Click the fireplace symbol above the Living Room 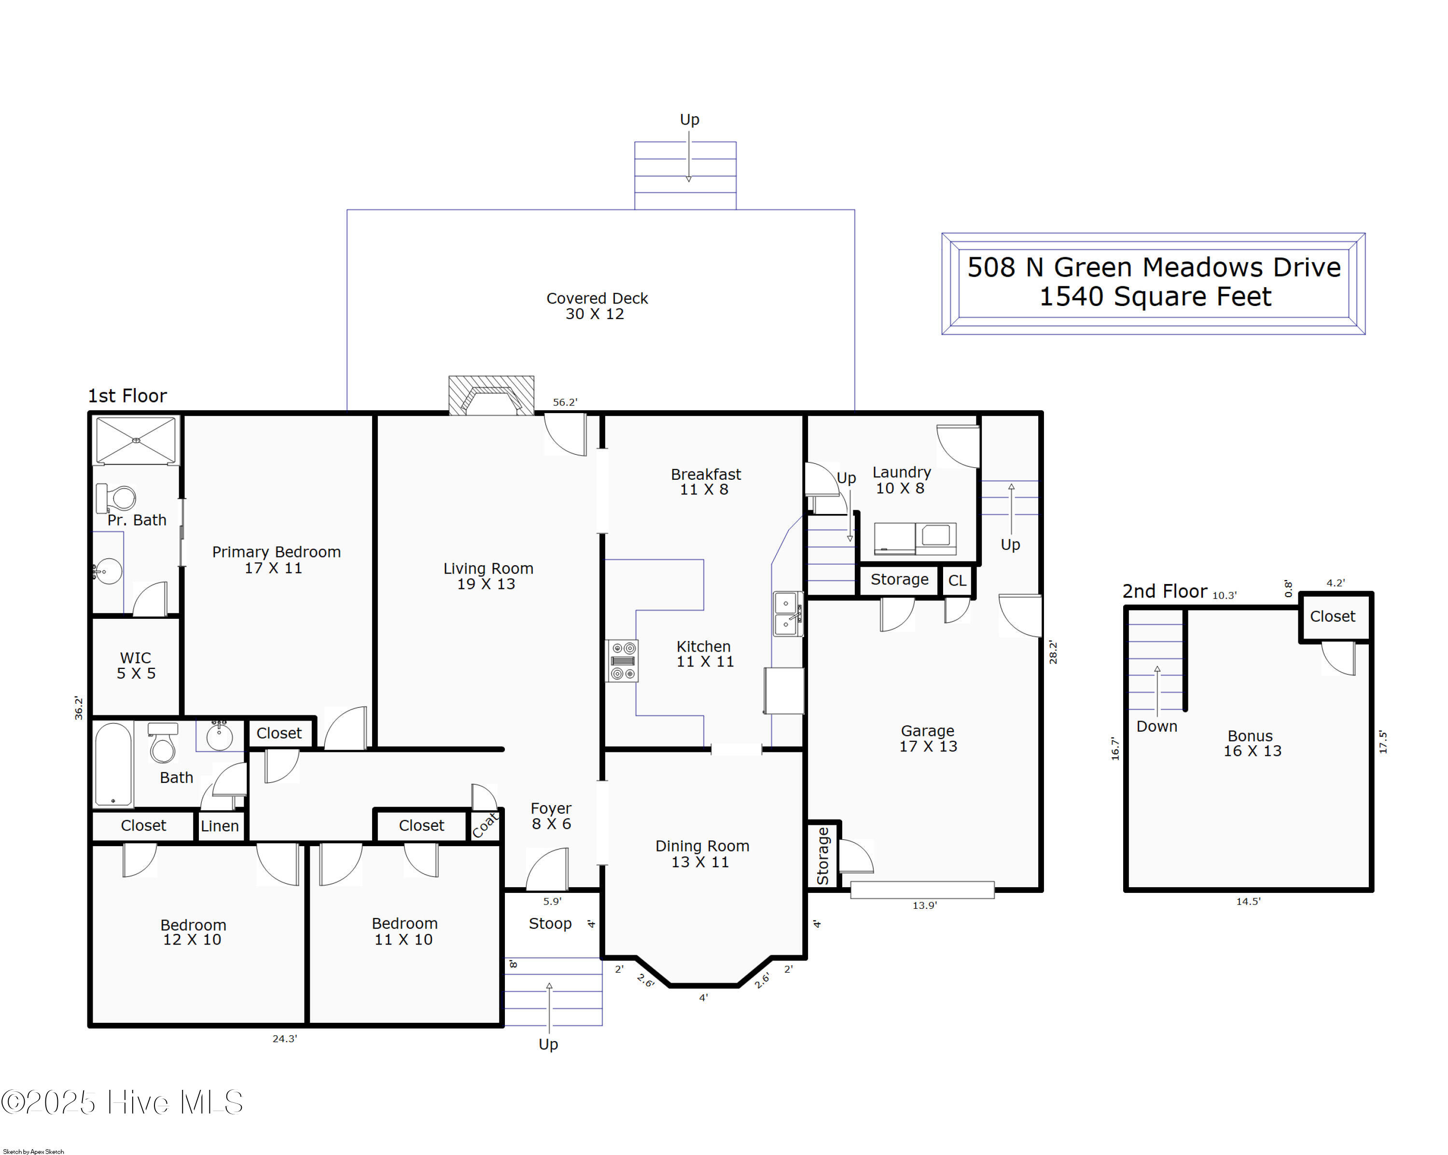click(x=491, y=395)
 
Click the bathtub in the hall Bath click(x=113, y=764)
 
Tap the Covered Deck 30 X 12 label click(x=597, y=306)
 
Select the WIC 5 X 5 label click(x=136, y=666)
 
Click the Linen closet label click(x=220, y=826)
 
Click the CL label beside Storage click(x=957, y=580)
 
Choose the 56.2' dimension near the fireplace click(x=565, y=402)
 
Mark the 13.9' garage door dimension click(x=924, y=905)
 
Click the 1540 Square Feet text click(x=1155, y=297)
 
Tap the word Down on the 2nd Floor click(x=1156, y=726)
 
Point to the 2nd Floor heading click(x=1165, y=592)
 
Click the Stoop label click(x=550, y=923)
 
